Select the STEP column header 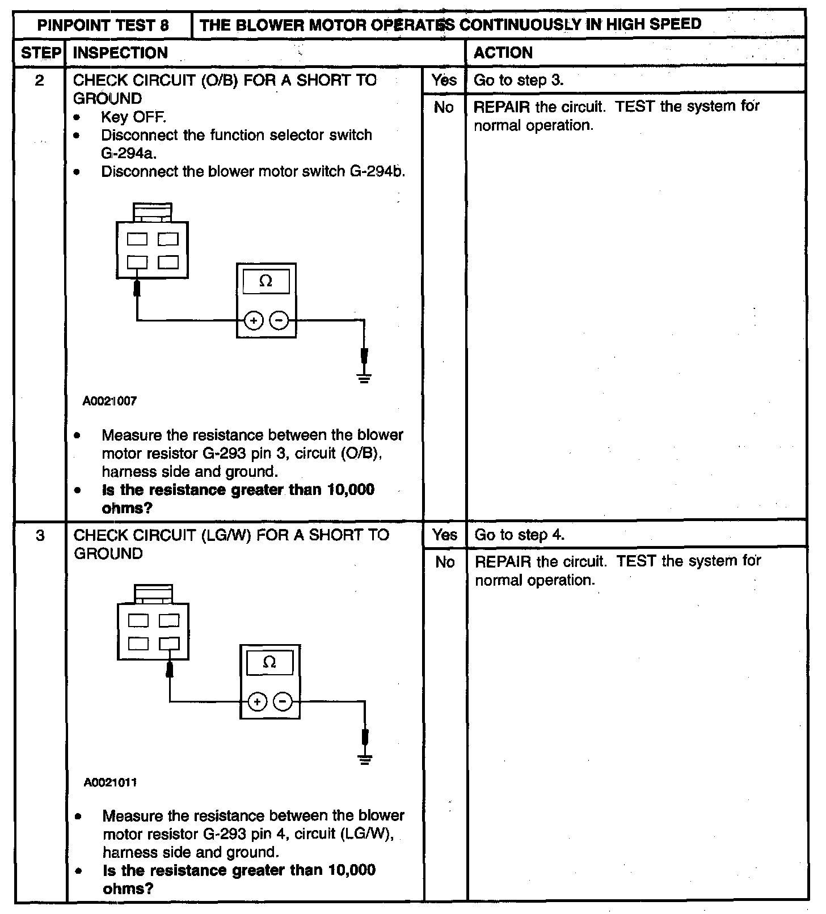tap(40, 53)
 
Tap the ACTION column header tap(503, 53)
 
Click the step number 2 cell tap(39, 81)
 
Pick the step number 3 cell tap(40, 535)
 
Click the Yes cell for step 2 tap(444, 80)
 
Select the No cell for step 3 tap(445, 562)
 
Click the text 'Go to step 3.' tap(519, 81)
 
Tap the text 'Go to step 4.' tap(520, 535)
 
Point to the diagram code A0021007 tap(109, 401)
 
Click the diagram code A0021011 tap(110, 782)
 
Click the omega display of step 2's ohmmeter tap(265, 281)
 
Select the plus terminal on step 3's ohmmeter tap(258, 702)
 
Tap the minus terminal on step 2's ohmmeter tap(279, 321)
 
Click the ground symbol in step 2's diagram tap(364, 378)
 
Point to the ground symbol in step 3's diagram tap(365, 759)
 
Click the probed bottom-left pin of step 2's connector tap(137, 263)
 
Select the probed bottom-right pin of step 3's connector tap(169, 644)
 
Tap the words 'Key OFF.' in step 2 tap(133, 117)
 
